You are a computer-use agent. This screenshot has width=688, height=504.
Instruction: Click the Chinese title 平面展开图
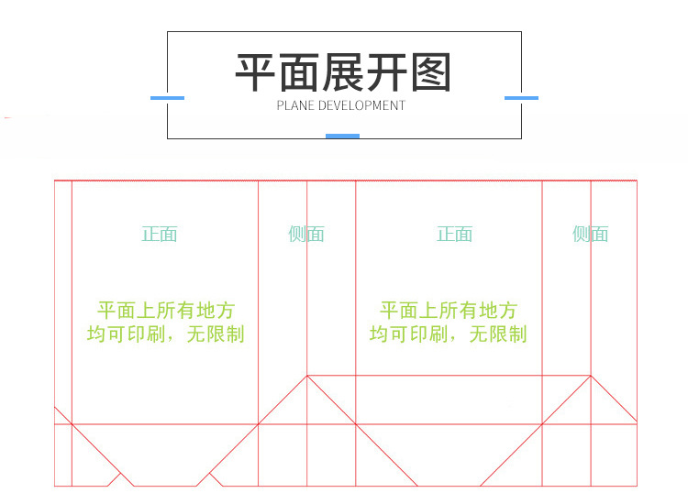click(x=343, y=74)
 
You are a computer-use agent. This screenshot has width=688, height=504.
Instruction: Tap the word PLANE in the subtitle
click(x=295, y=105)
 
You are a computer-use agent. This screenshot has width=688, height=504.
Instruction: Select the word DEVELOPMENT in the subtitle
click(x=361, y=105)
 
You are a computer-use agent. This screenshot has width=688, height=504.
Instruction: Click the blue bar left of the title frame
click(x=167, y=98)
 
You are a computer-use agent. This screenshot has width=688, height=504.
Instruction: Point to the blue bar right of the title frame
click(x=521, y=98)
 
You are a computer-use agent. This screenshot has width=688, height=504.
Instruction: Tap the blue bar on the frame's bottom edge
click(x=342, y=137)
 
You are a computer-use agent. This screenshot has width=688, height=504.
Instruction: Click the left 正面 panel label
click(x=160, y=235)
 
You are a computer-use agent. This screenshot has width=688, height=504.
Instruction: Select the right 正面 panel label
click(x=454, y=235)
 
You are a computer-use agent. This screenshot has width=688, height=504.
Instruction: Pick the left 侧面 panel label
click(x=306, y=235)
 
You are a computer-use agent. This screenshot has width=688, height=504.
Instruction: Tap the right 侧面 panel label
click(x=591, y=235)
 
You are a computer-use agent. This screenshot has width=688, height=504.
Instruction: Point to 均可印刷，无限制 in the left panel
click(x=166, y=334)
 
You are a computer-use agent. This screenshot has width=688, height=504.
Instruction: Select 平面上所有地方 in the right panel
click(x=449, y=311)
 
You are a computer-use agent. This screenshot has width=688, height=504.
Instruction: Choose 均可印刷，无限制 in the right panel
click(x=449, y=334)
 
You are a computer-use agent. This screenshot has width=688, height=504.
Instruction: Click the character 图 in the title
click(x=430, y=74)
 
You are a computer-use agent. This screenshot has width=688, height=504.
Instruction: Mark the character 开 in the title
click(x=387, y=74)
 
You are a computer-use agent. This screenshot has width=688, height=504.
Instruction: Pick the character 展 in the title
click(x=343, y=74)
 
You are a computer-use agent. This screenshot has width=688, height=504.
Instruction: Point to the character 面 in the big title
click(x=300, y=74)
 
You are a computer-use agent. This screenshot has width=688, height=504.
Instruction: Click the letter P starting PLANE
click(x=281, y=105)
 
